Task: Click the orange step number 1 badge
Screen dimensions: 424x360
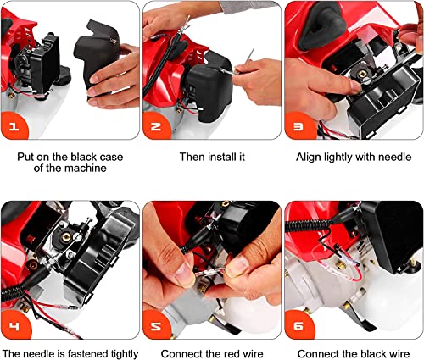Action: [x=14, y=126]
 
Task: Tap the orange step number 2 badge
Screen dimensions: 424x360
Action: [x=156, y=126]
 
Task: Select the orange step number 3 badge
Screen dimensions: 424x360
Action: [x=298, y=126]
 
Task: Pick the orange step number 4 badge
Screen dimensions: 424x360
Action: [x=14, y=325]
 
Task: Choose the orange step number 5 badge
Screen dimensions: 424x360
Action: [x=156, y=326]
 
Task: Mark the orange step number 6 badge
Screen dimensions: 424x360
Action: [x=298, y=326]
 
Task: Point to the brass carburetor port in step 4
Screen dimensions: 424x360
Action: [x=66, y=236]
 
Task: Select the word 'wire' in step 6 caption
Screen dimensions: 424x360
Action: [x=399, y=354]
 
